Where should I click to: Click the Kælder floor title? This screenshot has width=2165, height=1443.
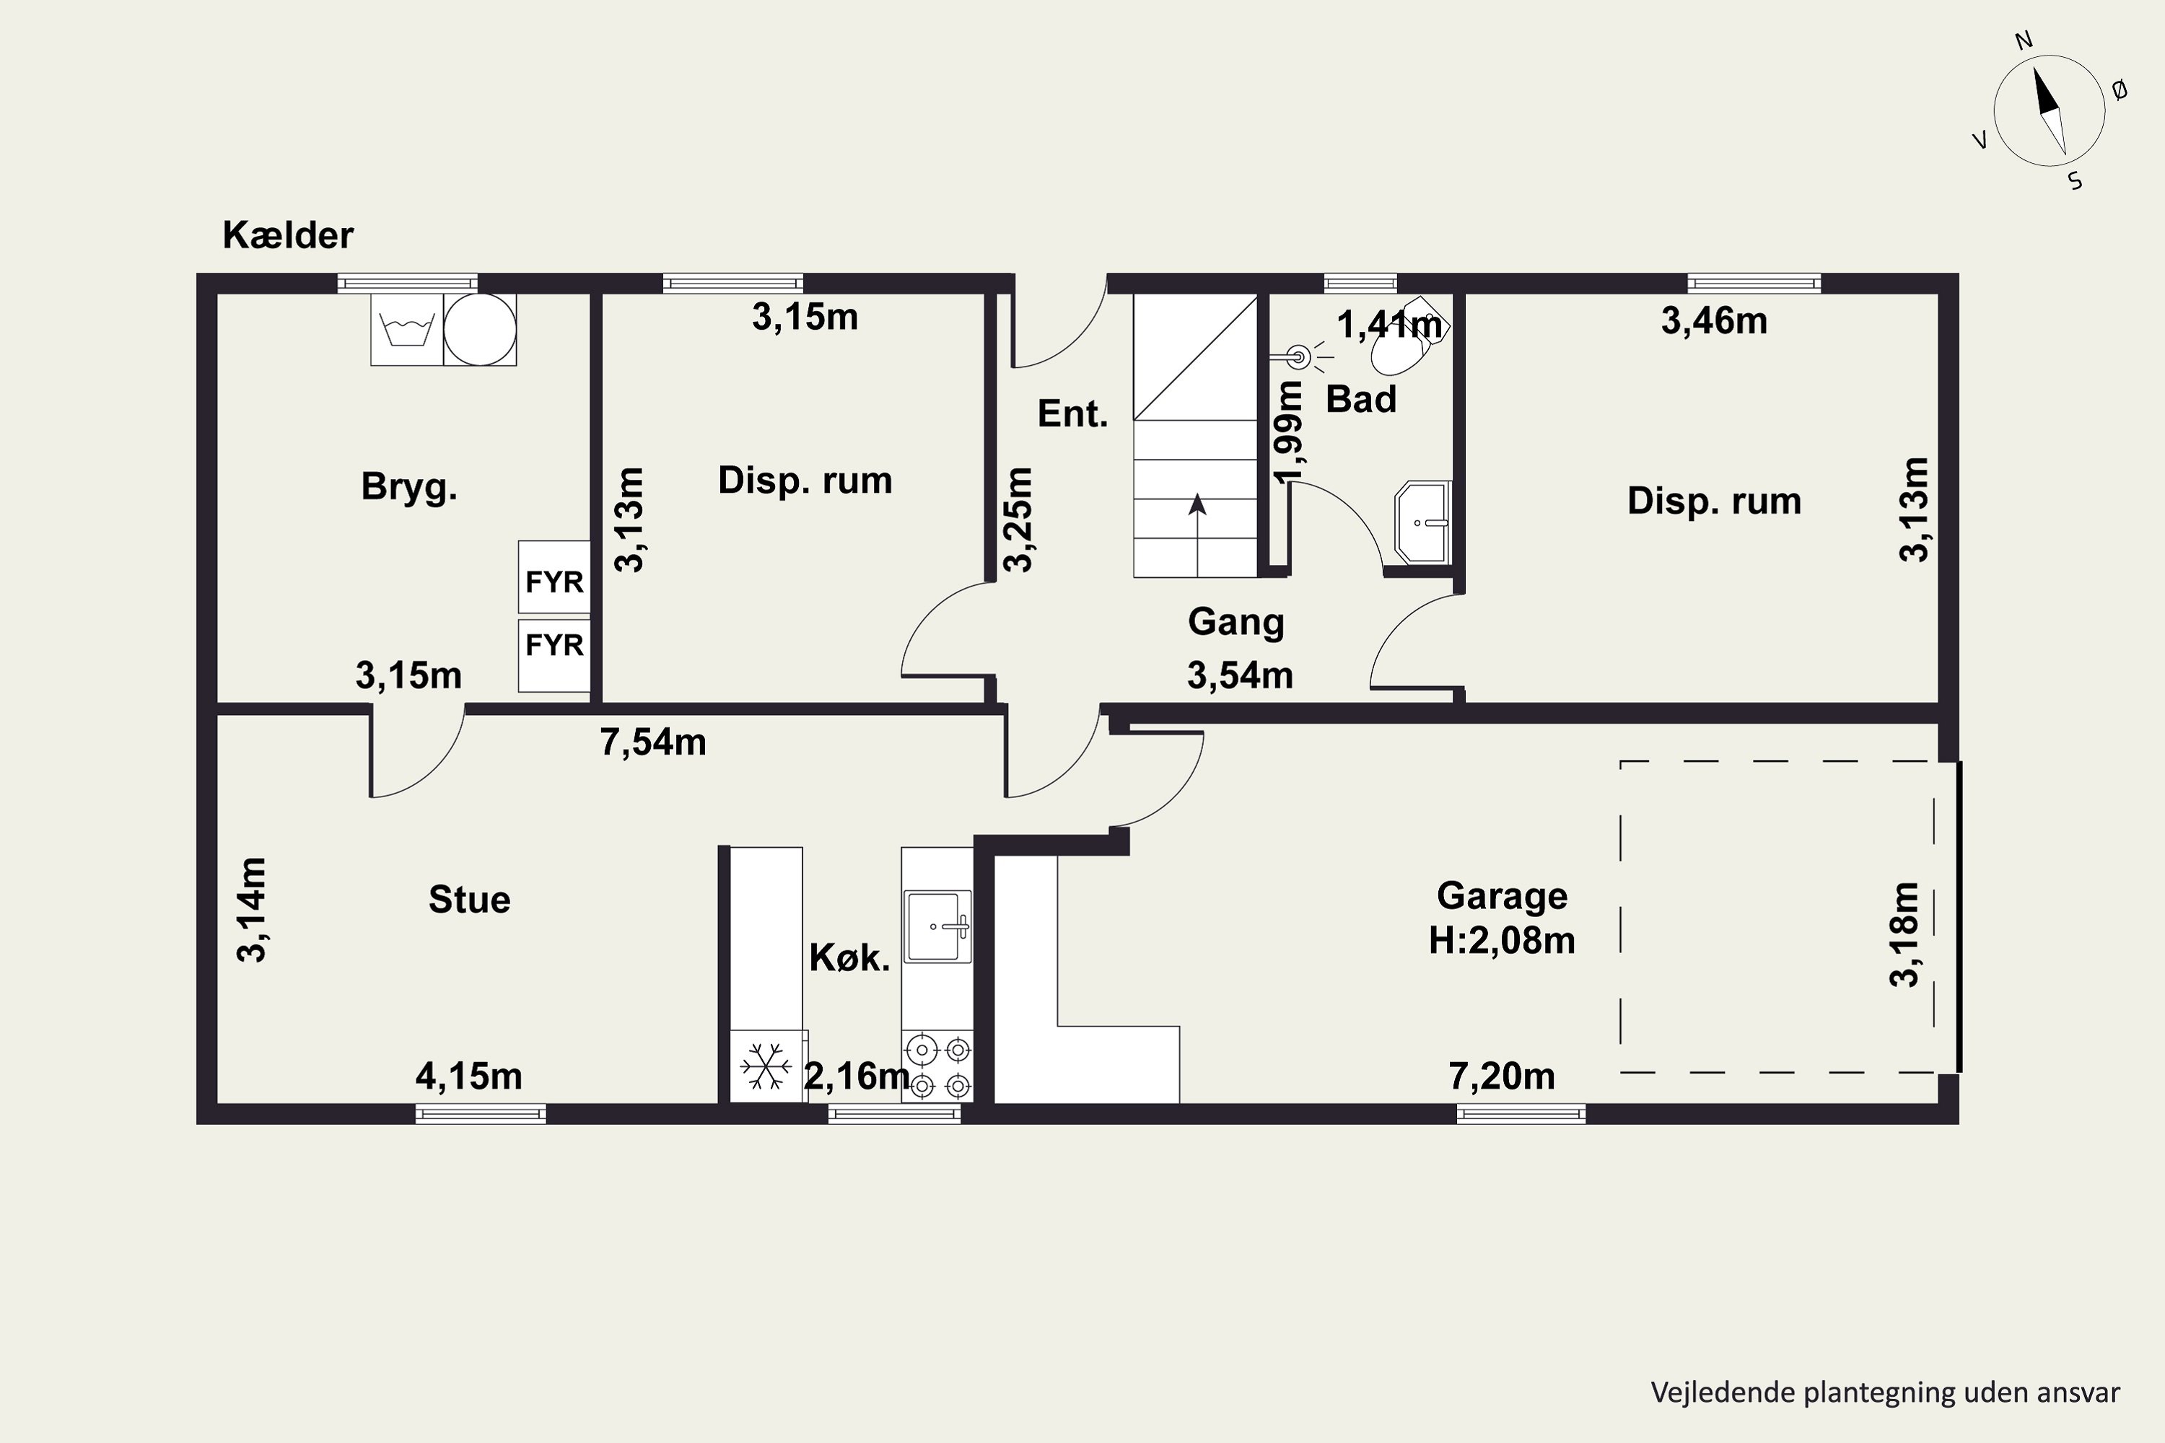click(x=287, y=236)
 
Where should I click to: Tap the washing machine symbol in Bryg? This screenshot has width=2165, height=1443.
click(x=407, y=330)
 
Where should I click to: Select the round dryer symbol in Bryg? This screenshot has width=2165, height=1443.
click(x=480, y=330)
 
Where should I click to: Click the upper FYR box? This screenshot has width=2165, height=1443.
click(x=554, y=577)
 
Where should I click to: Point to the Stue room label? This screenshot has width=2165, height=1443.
click(x=470, y=899)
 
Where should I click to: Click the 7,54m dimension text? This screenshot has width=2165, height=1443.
click(x=652, y=742)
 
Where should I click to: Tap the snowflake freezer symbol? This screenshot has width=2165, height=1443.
click(x=766, y=1066)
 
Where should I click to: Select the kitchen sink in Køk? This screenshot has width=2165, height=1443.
click(x=937, y=926)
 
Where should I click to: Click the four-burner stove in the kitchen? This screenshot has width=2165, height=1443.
click(x=937, y=1066)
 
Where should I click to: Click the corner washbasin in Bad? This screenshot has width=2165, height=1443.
click(x=1423, y=522)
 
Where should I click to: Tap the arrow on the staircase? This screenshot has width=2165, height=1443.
click(x=1197, y=535)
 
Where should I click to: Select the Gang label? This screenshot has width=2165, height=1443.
click(x=1235, y=622)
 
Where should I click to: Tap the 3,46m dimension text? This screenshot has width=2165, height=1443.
click(x=1714, y=321)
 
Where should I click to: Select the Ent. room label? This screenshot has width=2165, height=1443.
click(x=1072, y=414)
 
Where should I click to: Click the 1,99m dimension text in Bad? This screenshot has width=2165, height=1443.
click(x=1290, y=431)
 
